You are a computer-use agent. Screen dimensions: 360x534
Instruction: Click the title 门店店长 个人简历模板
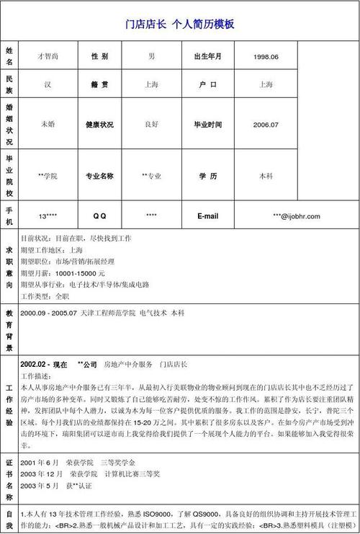pyautogui.click(x=180, y=24)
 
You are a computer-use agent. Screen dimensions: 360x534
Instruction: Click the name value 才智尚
pyautogui.click(x=48, y=56)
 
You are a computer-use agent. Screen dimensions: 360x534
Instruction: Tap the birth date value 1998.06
pyautogui.click(x=266, y=56)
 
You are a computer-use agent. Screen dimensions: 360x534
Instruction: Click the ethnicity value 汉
pyautogui.click(x=48, y=84)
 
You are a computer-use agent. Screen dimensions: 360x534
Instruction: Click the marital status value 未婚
pyautogui.click(x=48, y=124)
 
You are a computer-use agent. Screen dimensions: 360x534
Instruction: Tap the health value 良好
pyautogui.click(x=151, y=124)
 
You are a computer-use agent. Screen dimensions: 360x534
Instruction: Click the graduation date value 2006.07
pyautogui.click(x=266, y=124)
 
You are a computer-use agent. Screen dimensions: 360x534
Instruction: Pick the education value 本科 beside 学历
pyautogui.click(x=266, y=176)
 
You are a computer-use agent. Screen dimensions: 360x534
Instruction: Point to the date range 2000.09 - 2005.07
pyautogui.click(x=50, y=313)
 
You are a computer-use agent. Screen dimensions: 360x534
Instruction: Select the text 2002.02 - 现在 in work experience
pyautogui.click(x=45, y=363)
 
